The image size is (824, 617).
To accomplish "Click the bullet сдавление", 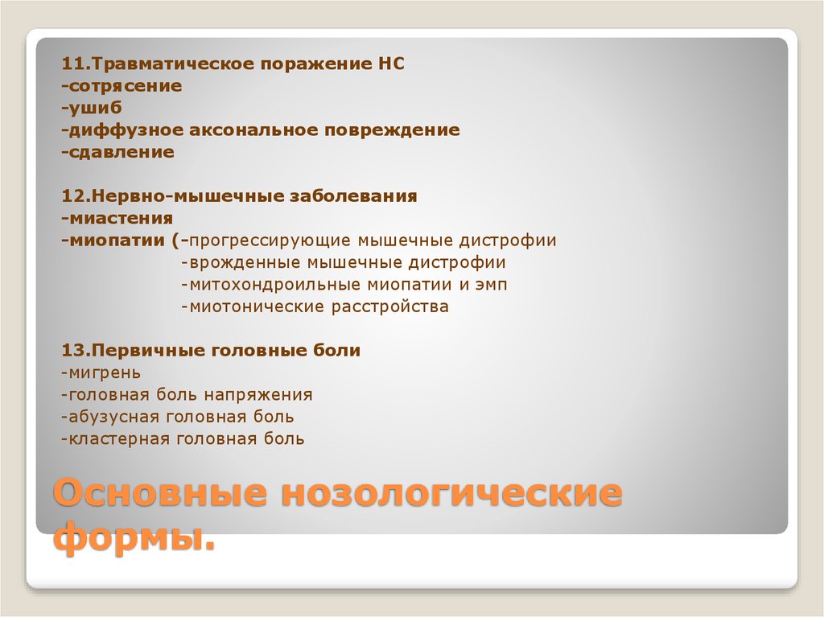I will pos(121,151).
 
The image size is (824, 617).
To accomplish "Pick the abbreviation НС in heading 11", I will pos(389,64).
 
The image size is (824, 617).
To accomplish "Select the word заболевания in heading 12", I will pos(370,195).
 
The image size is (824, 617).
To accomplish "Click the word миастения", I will pos(120,217).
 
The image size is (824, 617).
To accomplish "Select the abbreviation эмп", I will pos(491,284).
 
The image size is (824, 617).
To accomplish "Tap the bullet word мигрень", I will pos(104,372).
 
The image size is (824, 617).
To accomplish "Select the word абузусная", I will pos(114,417).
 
